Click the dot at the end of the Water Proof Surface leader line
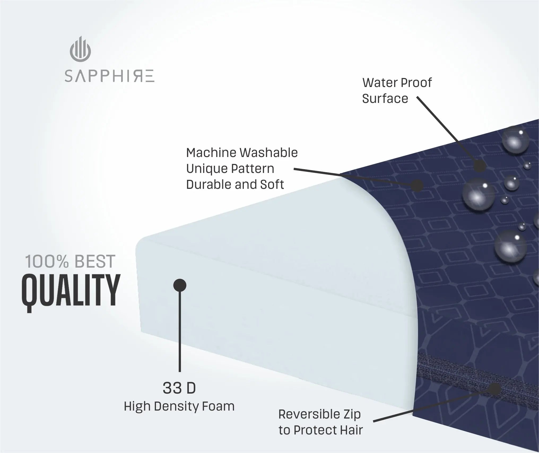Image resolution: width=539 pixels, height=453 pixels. [479, 166]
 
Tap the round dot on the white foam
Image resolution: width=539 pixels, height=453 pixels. [180, 285]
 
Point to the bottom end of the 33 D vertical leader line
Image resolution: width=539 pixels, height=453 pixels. [180, 371]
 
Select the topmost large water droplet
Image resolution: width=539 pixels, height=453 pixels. [515, 142]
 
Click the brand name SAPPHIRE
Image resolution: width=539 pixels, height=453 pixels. [109, 76]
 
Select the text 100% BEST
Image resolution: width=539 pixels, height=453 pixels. [70, 262]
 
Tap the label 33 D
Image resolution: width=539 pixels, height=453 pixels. [179, 388]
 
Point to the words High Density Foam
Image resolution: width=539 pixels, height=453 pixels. [179, 406]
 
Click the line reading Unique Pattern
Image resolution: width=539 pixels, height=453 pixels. [230, 169]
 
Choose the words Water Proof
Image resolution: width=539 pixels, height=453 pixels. [397, 83]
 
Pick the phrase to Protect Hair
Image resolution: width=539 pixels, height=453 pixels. [321, 430]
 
